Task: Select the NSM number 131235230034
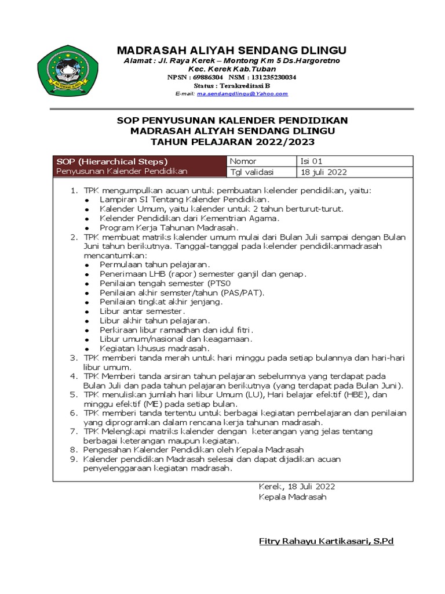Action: [271, 77]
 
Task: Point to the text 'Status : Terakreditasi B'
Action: [232, 85]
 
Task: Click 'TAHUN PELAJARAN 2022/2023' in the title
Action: [232, 142]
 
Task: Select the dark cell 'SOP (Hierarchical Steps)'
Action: [112, 161]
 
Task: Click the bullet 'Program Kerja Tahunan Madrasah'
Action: [161, 228]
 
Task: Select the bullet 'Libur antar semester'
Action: [142, 312]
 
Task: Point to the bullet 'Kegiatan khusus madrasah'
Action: [154, 348]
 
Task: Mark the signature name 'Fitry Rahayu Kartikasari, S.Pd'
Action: [326, 541]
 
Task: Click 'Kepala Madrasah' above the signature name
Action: [293, 497]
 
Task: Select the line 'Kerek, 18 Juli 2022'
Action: [297, 487]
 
